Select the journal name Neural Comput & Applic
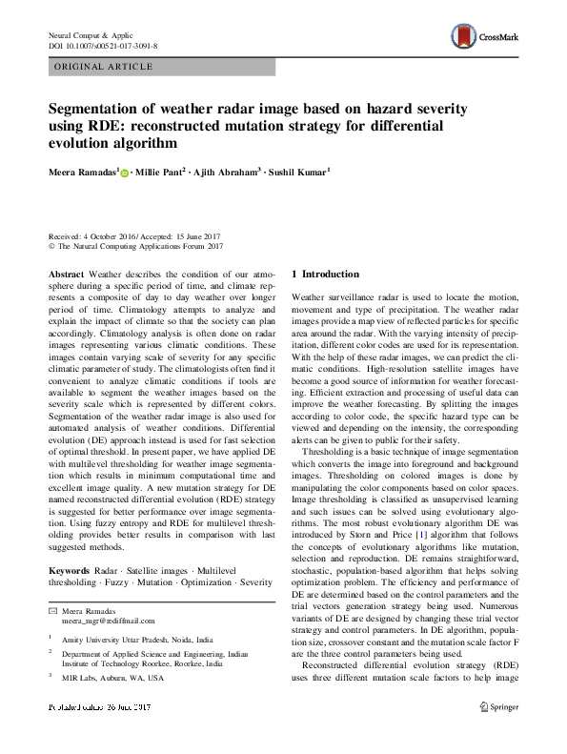pyautogui.click(x=94, y=34)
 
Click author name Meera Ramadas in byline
pyautogui.click(x=82, y=172)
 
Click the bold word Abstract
pyautogui.click(x=66, y=273)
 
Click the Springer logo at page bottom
pyautogui.click(x=498, y=707)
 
